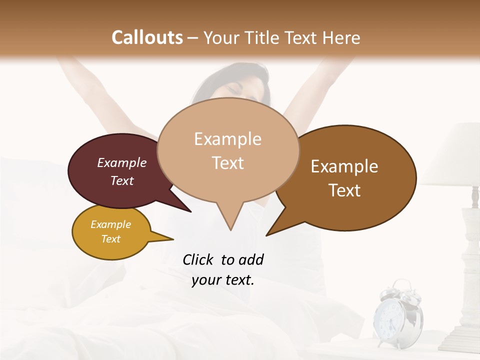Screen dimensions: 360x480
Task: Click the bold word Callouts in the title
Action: pyautogui.click(x=147, y=37)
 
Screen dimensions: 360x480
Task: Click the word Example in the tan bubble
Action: pyautogui.click(x=227, y=138)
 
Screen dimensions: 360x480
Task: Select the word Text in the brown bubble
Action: pyautogui.click(x=345, y=190)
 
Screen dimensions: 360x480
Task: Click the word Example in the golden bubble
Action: pyautogui.click(x=111, y=224)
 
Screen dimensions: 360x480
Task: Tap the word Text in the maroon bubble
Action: pyautogui.click(x=122, y=180)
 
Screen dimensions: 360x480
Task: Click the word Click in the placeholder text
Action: pyautogui.click(x=198, y=259)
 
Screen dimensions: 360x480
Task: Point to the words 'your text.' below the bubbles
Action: pyautogui.click(x=223, y=280)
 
